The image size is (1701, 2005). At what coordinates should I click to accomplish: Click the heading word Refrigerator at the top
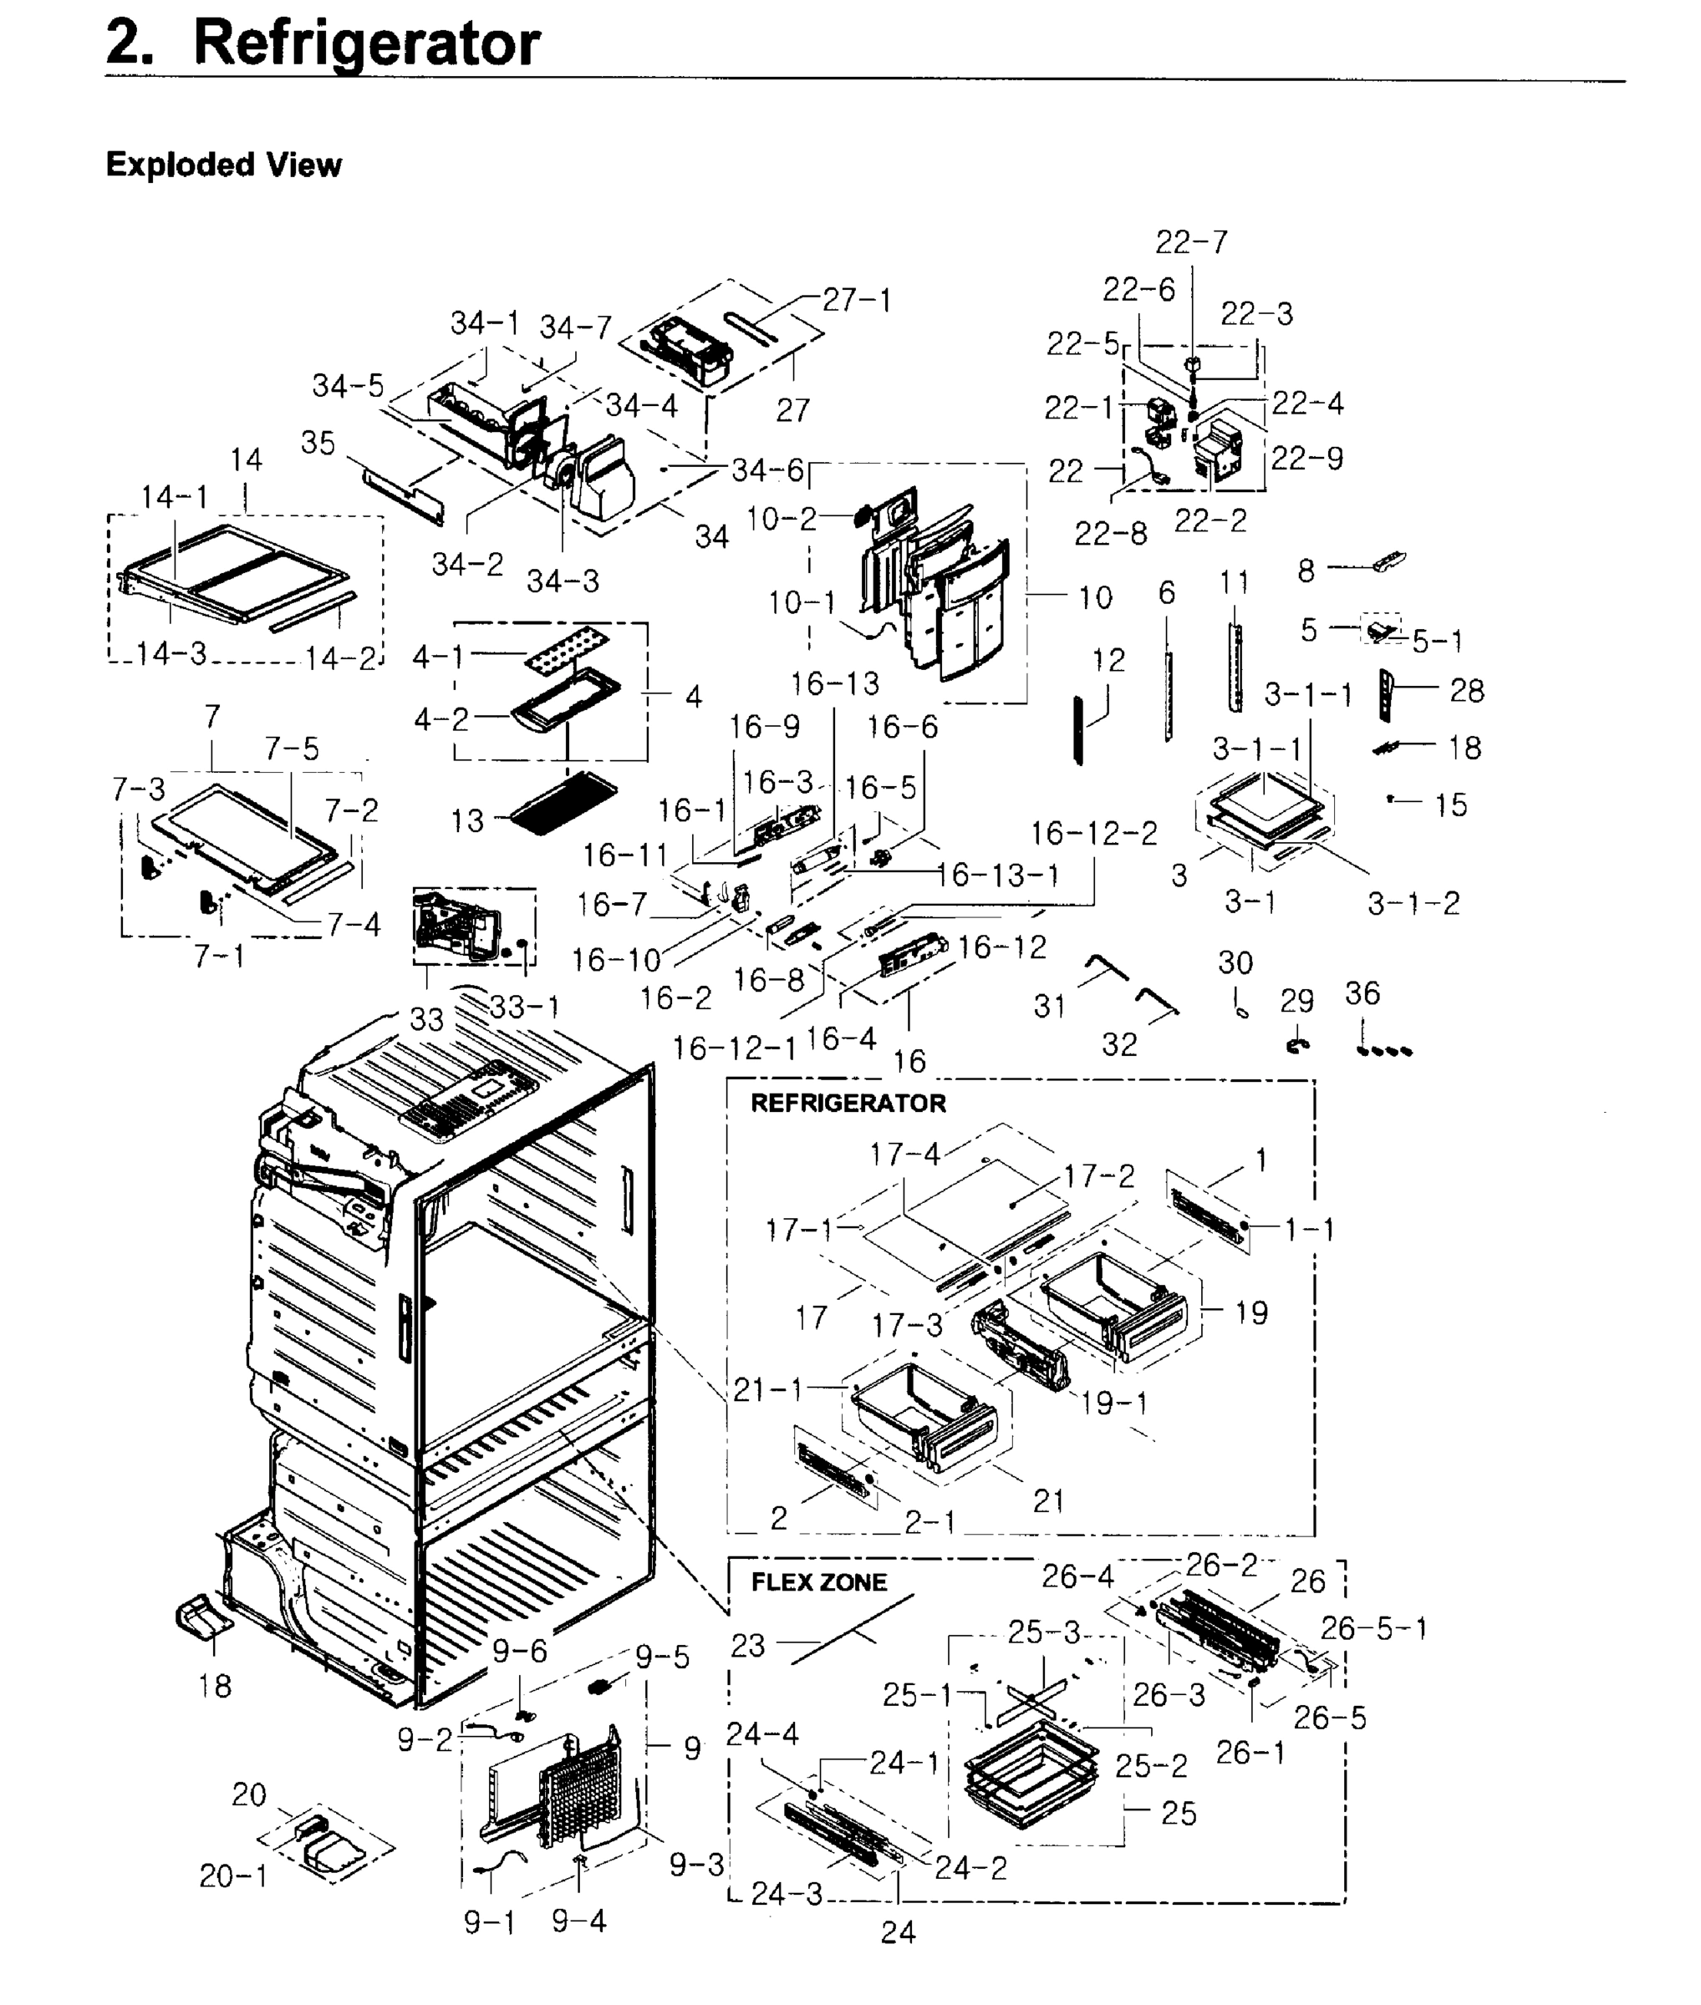point(366,44)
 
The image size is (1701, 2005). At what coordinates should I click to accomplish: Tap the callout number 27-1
point(856,301)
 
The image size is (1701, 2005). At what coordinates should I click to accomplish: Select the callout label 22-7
point(1192,242)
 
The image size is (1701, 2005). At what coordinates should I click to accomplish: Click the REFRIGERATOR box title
point(848,1103)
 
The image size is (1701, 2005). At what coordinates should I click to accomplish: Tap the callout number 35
point(318,443)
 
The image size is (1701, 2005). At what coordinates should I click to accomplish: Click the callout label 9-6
point(520,1652)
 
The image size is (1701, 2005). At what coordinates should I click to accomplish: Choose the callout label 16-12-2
point(1093,833)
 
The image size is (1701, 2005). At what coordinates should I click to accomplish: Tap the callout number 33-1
point(523,1007)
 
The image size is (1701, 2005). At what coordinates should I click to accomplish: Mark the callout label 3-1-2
point(1413,903)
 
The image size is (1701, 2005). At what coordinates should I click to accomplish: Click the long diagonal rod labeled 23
point(853,1628)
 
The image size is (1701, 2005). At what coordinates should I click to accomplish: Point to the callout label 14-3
point(171,653)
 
